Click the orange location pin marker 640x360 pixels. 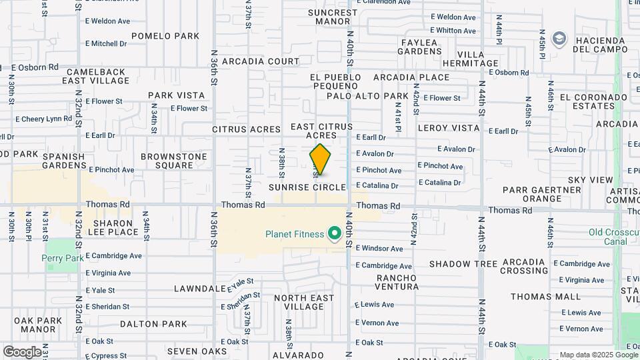pyautogui.click(x=320, y=159)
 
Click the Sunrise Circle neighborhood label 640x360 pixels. pyautogui.click(x=307, y=188)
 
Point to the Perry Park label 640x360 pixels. pyautogui.click(x=63, y=258)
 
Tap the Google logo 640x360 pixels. pyautogui.click(x=22, y=351)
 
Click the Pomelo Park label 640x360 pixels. pyautogui.click(x=165, y=36)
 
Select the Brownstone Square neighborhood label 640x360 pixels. pyautogui.click(x=174, y=161)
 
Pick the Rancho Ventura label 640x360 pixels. pyautogui.click(x=398, y=282)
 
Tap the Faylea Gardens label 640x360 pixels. pyautogui.click(x=420, y=47)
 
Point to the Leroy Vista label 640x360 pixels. pyautogui.click(x=449, y=128)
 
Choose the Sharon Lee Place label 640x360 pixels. pyautogui.click(x=115, y=227)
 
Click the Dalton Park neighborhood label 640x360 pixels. pyautogui.click(x=153, y=324)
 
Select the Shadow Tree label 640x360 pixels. pyautogui.click(x=463, y=264)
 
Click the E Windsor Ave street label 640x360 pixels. pyautogui.click(x=379, y=249)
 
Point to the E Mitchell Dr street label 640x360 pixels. pyautogui.click(x=106, y=44)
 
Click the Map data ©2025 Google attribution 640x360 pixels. pyautogui.click(x=599, y=355)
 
